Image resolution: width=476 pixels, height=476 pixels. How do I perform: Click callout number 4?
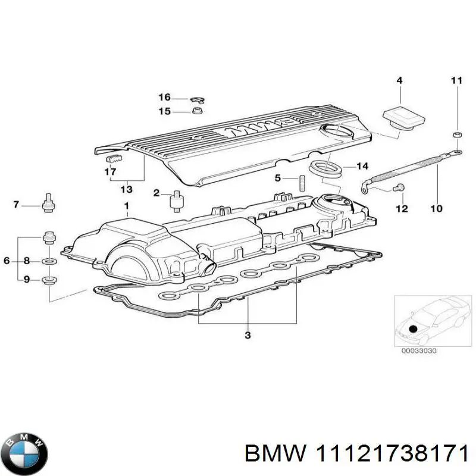pyautogui.click(x=399, y=80)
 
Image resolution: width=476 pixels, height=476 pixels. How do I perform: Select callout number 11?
pyautogui.click(x=456, y=80)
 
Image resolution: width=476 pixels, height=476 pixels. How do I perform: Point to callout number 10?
pyautogui.click(x=436, y=209)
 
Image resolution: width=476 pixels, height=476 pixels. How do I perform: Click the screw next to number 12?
pyautogui.click(x=399, y=189)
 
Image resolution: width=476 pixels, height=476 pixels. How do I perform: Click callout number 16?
pyautogui.click(x=164, y=98)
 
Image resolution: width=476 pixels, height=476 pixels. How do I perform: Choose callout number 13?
pyautogui.click(x=126, y=189)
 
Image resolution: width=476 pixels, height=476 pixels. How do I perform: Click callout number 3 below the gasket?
pyautogui.click(x=248, y=336)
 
